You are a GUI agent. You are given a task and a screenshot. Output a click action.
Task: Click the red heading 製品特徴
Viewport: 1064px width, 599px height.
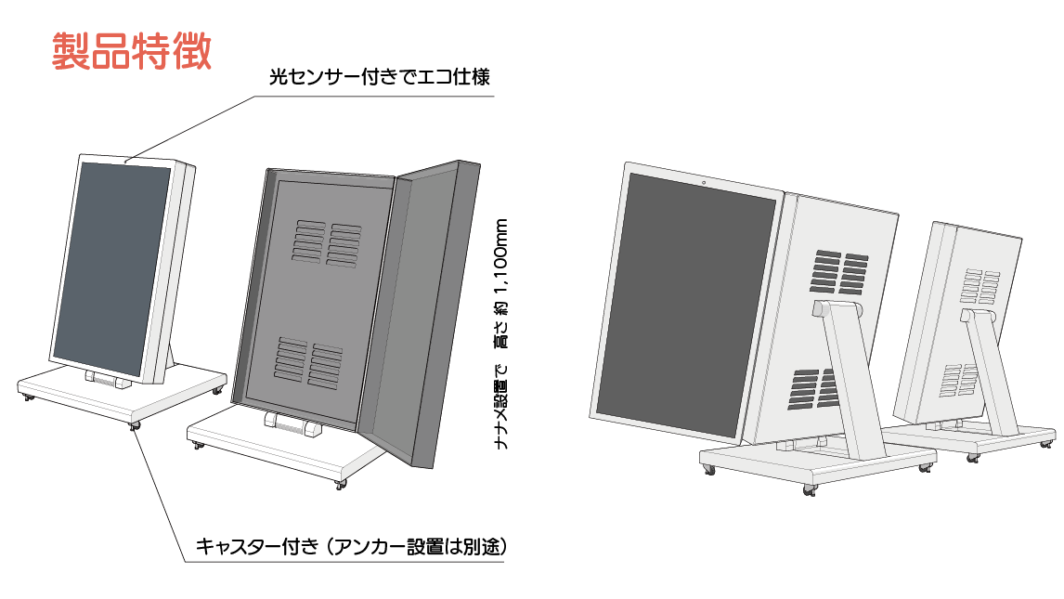(131, 52)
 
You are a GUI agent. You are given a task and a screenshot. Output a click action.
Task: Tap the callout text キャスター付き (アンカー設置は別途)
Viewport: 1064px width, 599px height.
(349, 545)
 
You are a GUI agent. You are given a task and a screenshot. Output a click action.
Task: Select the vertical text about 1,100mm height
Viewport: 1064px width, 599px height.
(501, 334)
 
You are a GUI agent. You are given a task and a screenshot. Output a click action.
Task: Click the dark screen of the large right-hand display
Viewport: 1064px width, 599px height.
(685, 306)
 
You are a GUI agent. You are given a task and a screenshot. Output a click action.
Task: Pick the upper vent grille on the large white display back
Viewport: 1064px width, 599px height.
(840, 270)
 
